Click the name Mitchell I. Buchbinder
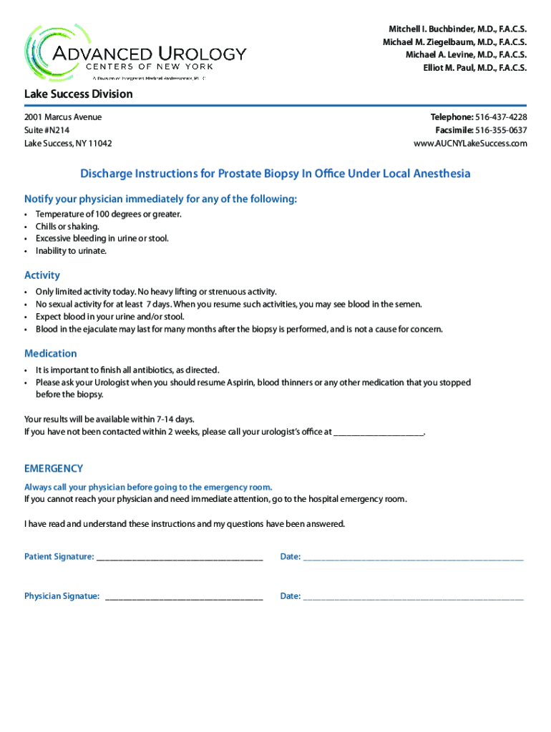point(431,29)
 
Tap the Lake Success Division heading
point(78,94)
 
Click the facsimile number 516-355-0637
point(501,130)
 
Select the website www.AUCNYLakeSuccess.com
point(470,144)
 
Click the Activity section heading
point(42,275)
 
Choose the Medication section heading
point(50,354)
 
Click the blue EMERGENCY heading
point(54,469)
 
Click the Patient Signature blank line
point(180,558)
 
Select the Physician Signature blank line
point(184,597)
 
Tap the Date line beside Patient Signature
point(414,558)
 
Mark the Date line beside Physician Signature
point(414,597)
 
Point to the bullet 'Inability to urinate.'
point(71,251)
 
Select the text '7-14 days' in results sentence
point(175,419)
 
